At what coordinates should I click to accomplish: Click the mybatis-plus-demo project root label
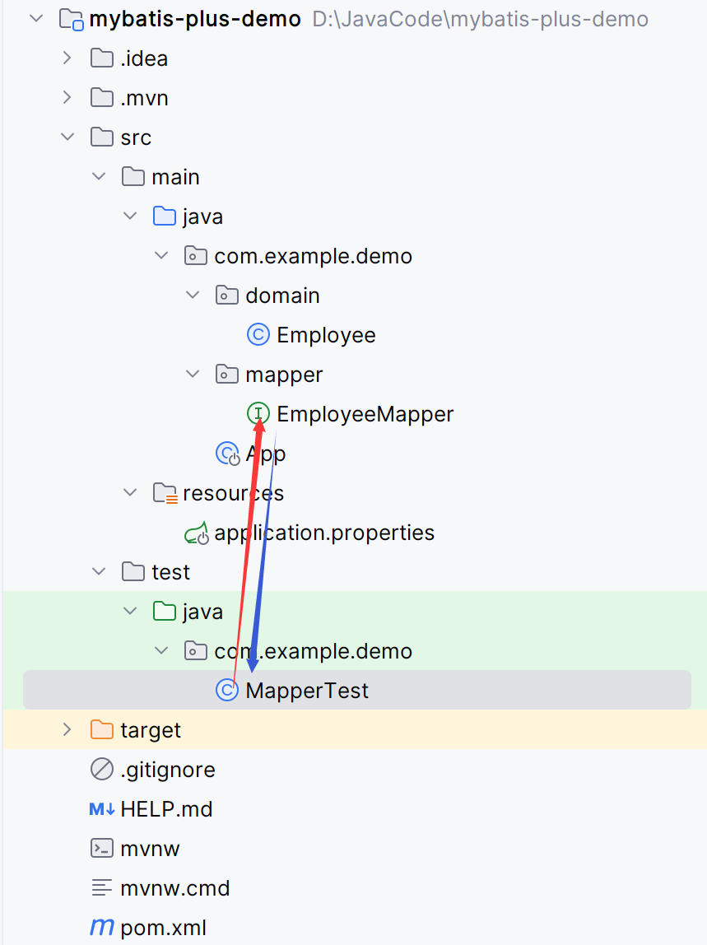tap(194, 19)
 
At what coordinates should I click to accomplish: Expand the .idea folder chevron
tap(67, 58)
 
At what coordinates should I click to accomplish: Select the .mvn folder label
tap(144, 98)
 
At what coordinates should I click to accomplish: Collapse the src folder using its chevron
tap(67, 137)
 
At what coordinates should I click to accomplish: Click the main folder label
tap(175, 177)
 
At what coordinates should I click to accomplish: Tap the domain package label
tap(282, 296)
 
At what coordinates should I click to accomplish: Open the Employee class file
tap(326, 335)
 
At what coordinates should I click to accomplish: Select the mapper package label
tap(284, 375)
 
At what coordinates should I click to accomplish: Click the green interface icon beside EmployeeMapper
tap(258, 414)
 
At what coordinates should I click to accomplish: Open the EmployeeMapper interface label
tap(365, 414)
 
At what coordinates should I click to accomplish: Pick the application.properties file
tap(323, 533)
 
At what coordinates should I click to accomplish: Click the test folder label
tap(170, 572)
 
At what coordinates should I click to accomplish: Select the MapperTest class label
tap(307, 691)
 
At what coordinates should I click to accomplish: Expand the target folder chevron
tap(67, 730)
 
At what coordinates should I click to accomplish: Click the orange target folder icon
tap(101, 730)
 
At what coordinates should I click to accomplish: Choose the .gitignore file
tap(167, 770)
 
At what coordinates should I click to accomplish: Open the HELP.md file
tap(166, 809)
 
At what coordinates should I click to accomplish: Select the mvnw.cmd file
tap(174, 888)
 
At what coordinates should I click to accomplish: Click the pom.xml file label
tap(163, 928)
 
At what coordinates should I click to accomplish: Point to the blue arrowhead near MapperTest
tap(253, 661)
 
